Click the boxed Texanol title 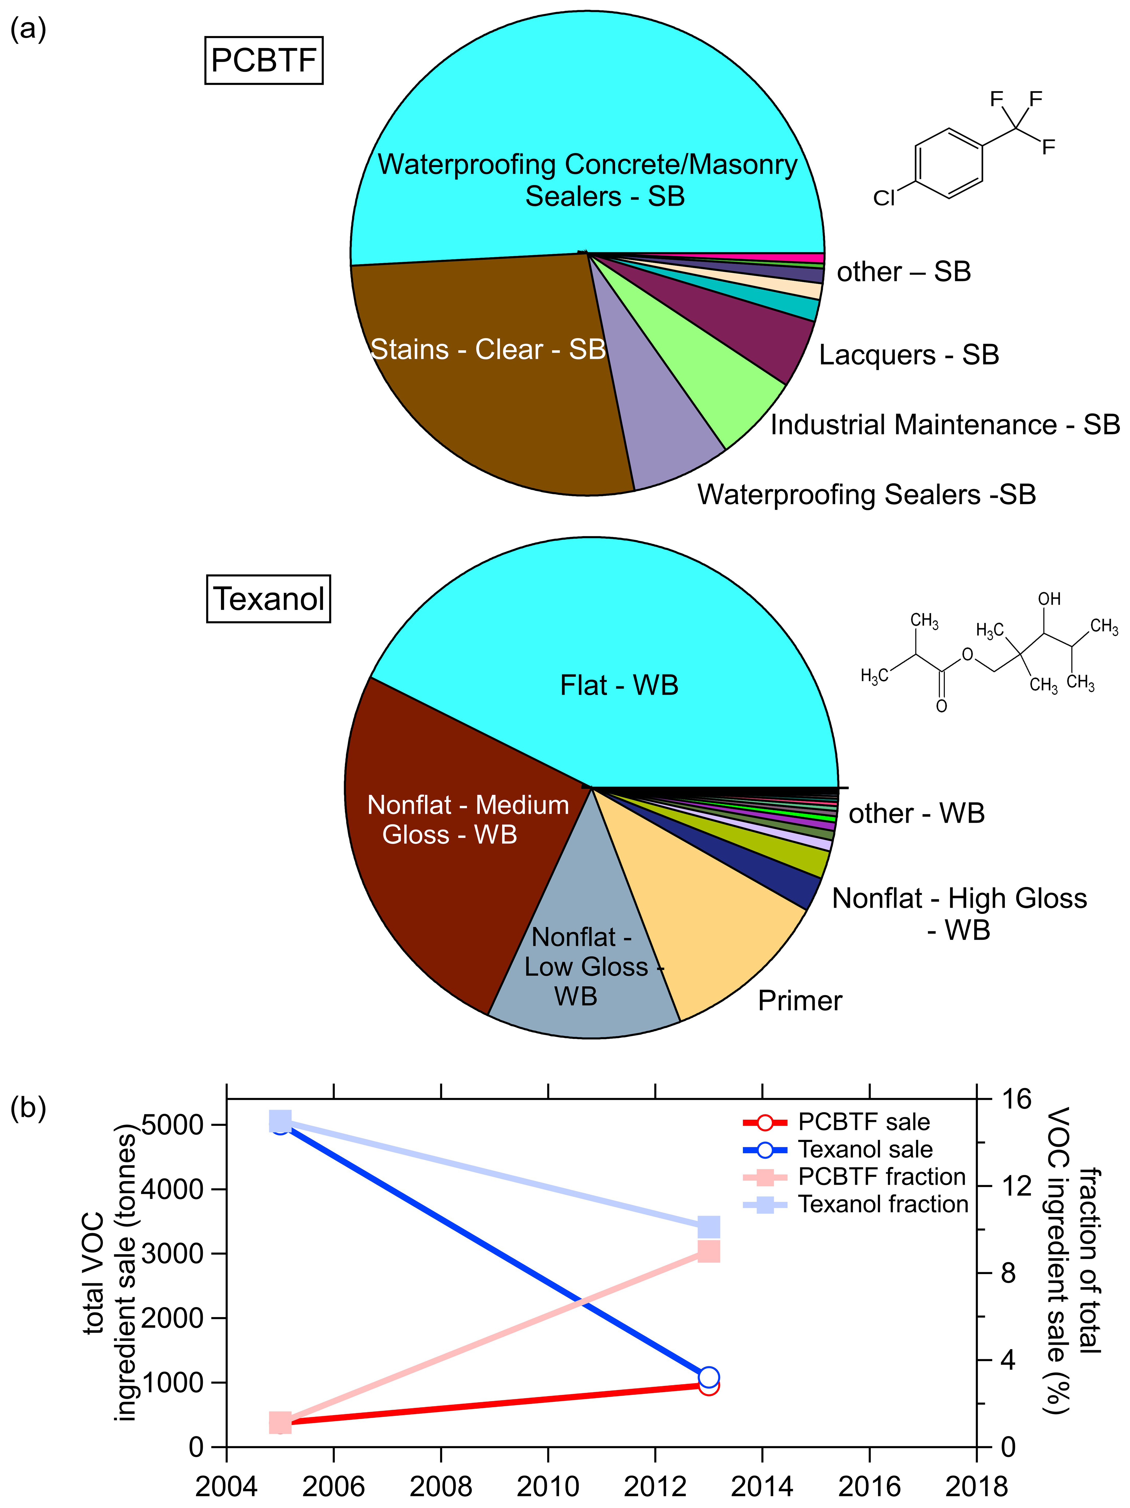(x=269, y=599)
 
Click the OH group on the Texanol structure (x=1049, y=599)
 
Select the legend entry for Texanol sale (x=865, y=1149)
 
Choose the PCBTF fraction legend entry (x=881, y=1177)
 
